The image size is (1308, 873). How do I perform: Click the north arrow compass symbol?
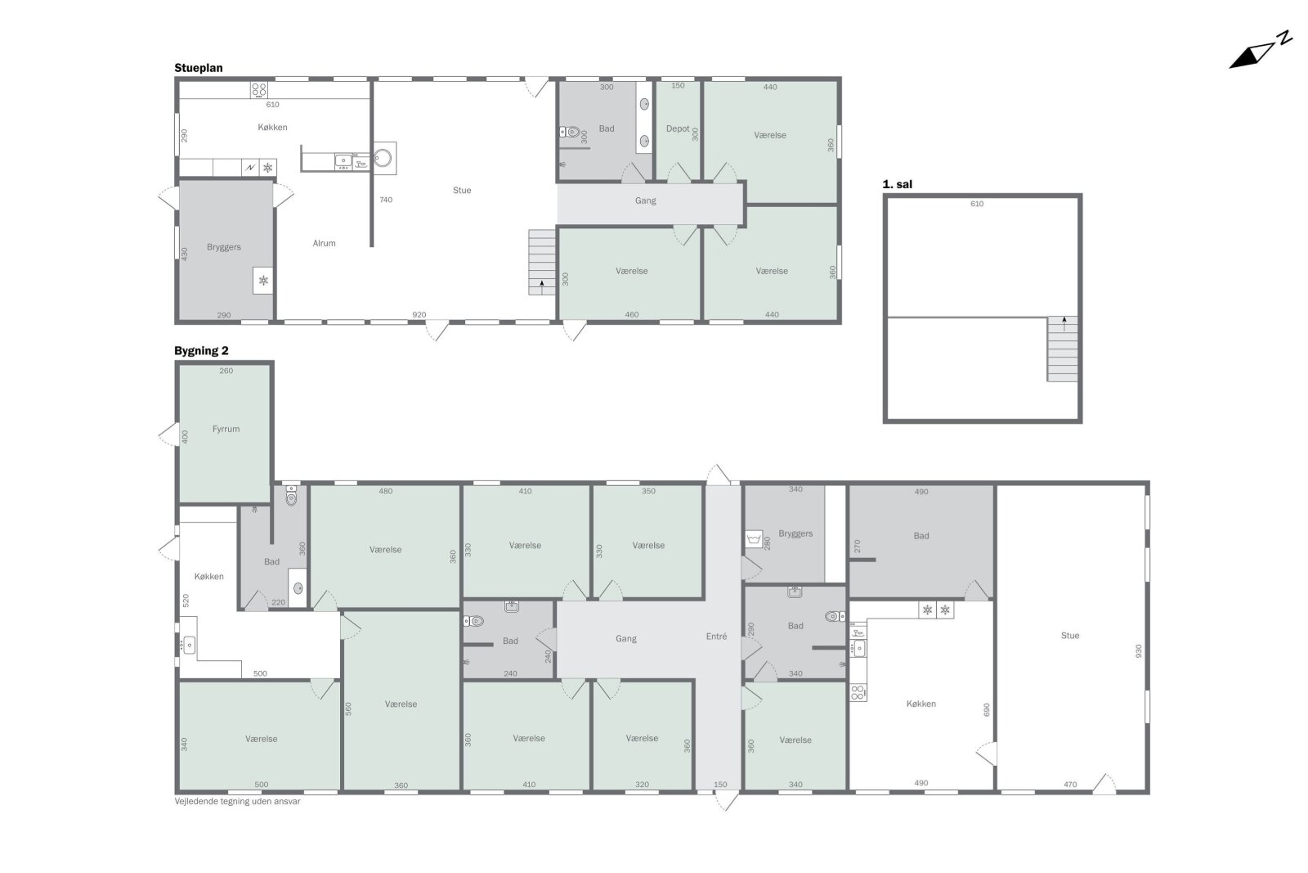[1260, 51]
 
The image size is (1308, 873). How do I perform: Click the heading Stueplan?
[199, 68]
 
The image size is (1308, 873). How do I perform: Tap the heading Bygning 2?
[201, 351]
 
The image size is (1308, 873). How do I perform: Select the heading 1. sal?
[897, 184]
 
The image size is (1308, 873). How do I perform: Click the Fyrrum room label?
[226, 429]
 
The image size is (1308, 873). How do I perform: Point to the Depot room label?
[678, 128]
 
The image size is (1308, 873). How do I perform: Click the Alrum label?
[324, 243]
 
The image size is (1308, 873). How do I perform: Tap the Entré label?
[716, 637]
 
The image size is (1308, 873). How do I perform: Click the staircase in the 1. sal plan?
[1062, 349]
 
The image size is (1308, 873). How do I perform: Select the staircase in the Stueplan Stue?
[542, 262]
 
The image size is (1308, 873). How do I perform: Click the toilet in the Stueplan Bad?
[569, 132]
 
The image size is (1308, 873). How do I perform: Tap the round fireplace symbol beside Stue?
[383, 158]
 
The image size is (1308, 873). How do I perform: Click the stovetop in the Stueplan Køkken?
[258, 89]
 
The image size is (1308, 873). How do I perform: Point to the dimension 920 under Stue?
[419, 315]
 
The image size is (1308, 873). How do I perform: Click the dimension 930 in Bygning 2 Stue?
[1138, 651]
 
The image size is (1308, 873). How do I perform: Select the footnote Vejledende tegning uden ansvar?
[237, 801]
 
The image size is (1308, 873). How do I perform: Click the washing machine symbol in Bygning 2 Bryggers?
[754, 538]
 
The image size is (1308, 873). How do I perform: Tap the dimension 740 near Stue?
[386, 200]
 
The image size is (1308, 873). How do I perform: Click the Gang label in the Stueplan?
[645, 201]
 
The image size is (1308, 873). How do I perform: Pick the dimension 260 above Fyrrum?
[226, 371]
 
